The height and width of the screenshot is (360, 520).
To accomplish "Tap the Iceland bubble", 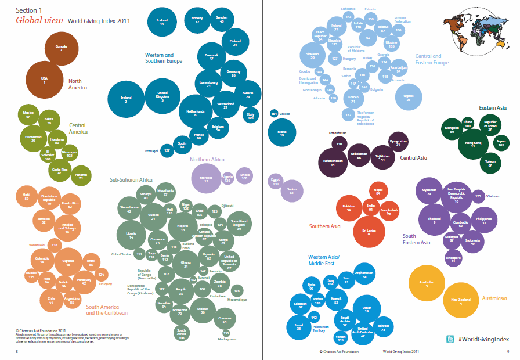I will pos(162,21).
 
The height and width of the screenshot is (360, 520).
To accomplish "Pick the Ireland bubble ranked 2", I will pos(125,99).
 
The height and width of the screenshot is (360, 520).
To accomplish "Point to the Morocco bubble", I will pos(206,178).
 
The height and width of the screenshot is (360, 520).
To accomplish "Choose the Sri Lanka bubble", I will pos(369,232).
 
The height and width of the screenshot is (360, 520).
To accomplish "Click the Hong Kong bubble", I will pos(473,144).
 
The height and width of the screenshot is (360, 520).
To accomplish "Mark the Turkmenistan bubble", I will pos(333,163).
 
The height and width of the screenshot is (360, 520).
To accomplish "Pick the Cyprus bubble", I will pos(409,97).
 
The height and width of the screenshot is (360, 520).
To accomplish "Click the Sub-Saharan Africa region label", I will pos(131,180).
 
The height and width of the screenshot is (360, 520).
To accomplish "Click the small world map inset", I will pos(476,35).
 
